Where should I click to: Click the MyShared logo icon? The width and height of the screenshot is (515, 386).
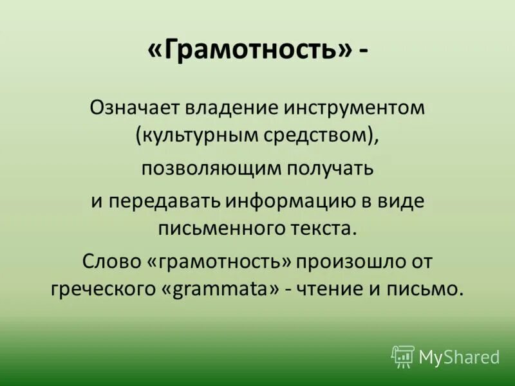click(x=403, y=356)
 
